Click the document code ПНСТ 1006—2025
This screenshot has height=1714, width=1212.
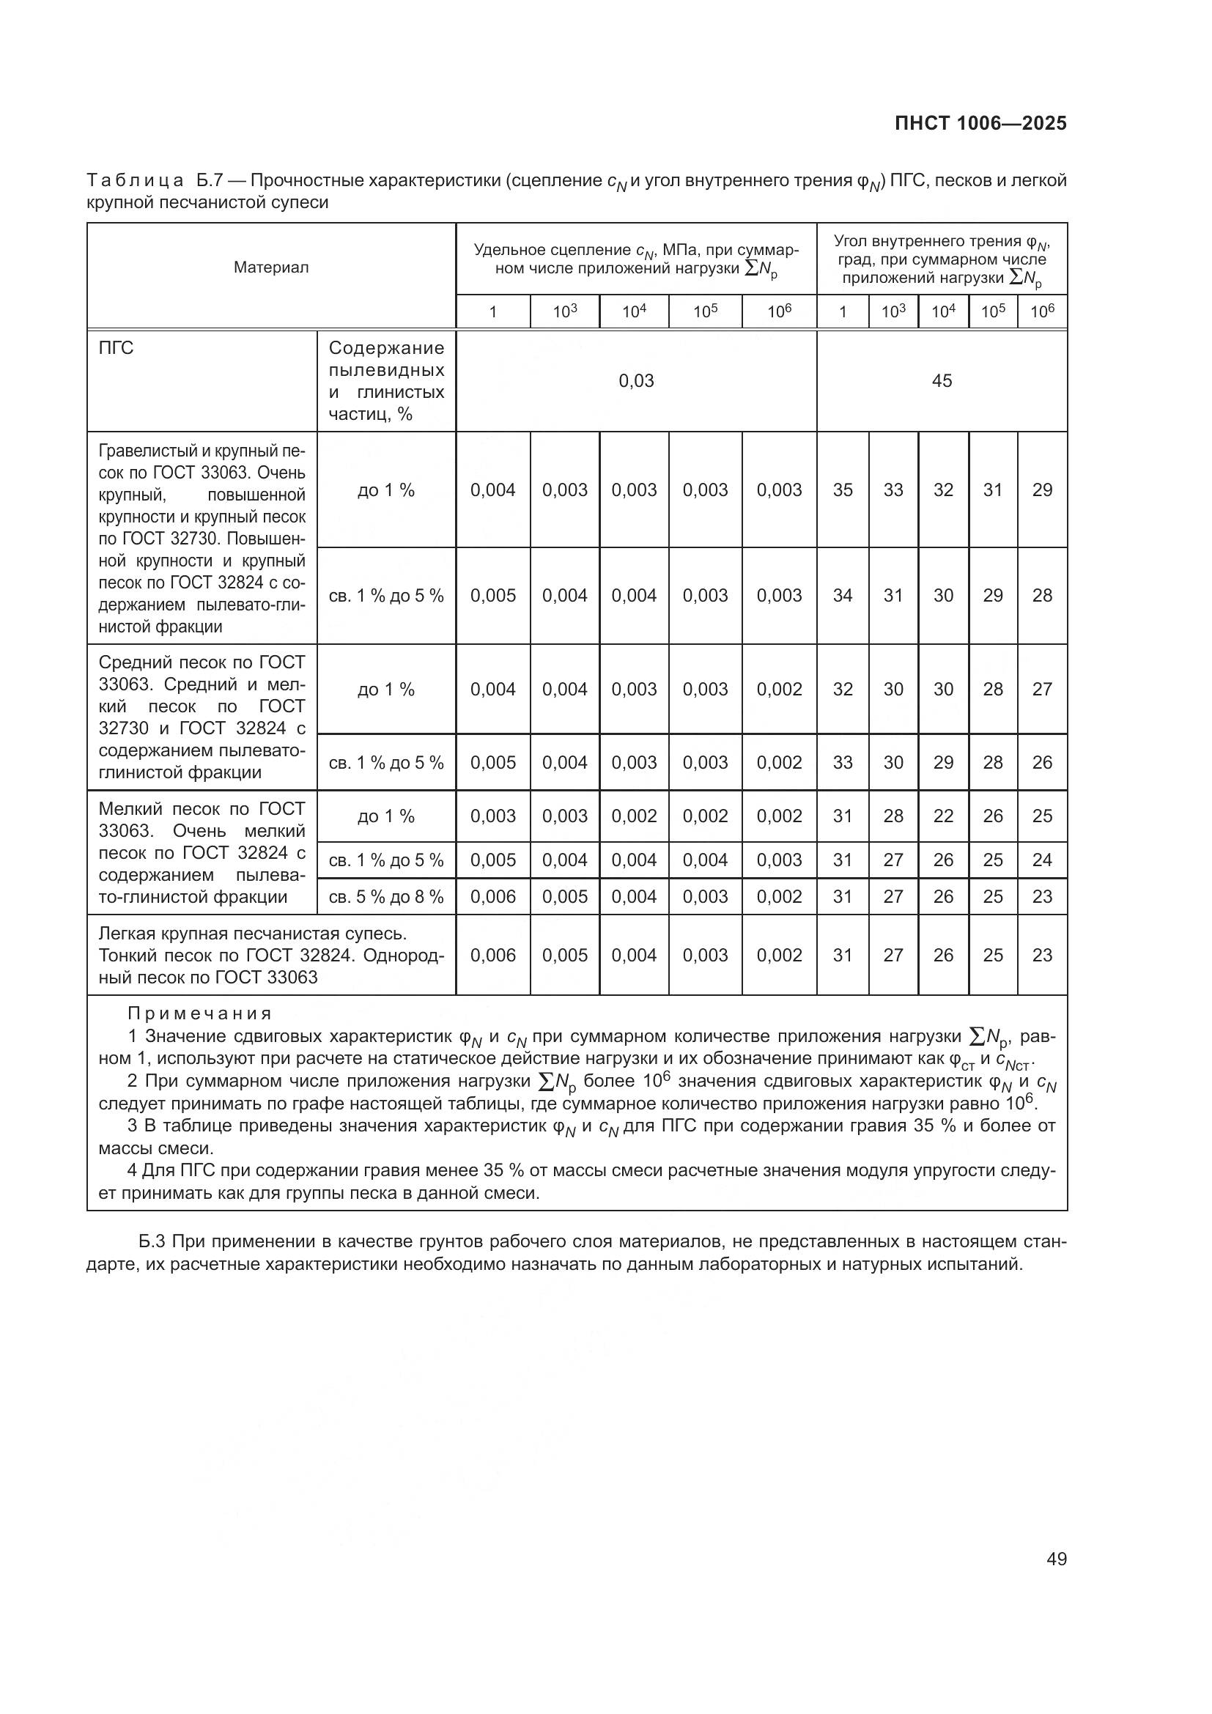click(x=980, y=123)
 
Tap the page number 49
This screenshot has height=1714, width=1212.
click(x=1056, y=1559)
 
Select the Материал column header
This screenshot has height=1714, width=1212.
click(x=271, y=267)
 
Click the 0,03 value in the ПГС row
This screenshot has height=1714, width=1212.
click(x=636, y=381)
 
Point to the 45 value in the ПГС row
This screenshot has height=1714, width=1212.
click(x=942, y=381)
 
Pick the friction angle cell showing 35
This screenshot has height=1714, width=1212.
click(x=843, y=490)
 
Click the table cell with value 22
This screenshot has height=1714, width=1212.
click(x=943, y=816)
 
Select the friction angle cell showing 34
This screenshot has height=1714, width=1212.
click(x=843, y=595)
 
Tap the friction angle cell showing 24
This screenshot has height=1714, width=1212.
click(x=1042, y=860)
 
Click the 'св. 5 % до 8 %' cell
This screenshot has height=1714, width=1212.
click(x=386, y=896)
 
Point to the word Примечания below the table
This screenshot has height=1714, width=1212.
click(x=199, y=1013)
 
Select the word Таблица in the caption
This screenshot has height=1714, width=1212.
click(x=135, y=181)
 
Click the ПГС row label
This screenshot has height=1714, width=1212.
click(x=117, y=348)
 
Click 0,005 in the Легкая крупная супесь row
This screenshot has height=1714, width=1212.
click(x=564, y=955)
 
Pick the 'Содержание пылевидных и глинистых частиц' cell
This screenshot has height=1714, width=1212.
click(x=386, y=381)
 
